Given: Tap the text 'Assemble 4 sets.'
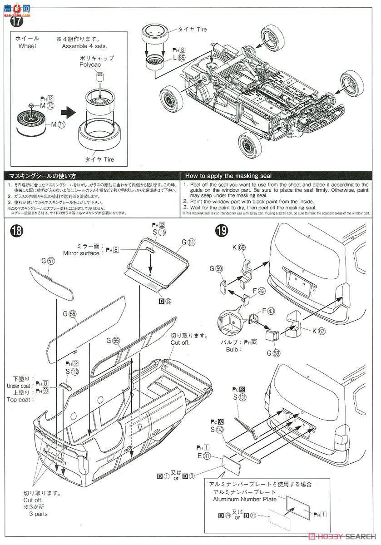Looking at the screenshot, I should coord(78,46).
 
